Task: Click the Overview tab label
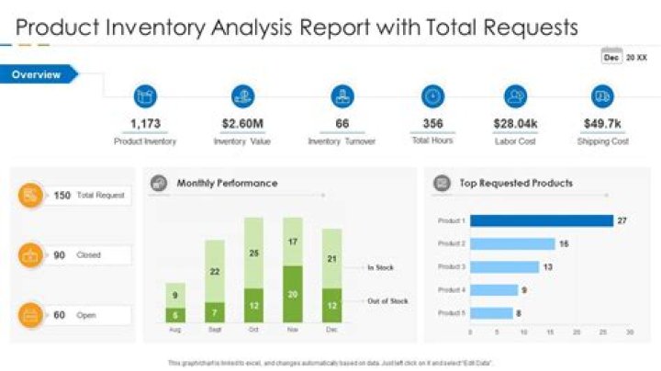click(37, 74)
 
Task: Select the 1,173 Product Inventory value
click(145, 124)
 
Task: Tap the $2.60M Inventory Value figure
click(243, 124)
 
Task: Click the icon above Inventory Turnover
click(342, 96)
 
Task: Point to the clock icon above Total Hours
click(432, 96)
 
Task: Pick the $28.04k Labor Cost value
click(514, 124)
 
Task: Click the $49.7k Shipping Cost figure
click(602, 124)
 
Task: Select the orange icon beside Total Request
click(31, 195)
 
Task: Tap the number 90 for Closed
click(59, 254)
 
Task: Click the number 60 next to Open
click(59, 315)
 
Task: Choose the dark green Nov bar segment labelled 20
click(293, 294)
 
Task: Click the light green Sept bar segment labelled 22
click(215, 271)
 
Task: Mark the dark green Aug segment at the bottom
click(175, 314)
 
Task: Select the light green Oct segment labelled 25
click(254, 253)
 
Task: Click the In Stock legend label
click(381, 267)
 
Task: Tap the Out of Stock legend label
click(387, 300)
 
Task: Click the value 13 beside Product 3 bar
click(547, 266)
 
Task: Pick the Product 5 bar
click(491, 312)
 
